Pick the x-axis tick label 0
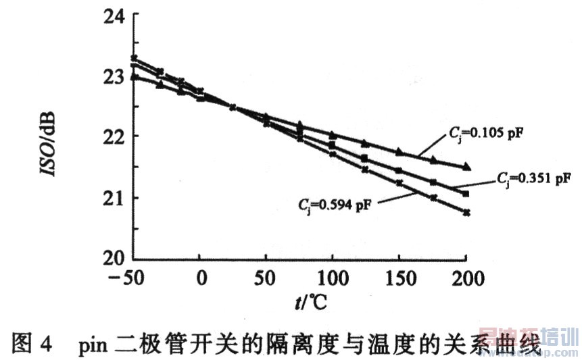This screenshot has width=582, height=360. [200, 278]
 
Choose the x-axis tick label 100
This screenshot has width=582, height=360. [332, 278]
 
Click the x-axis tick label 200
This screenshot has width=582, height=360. [465, 278]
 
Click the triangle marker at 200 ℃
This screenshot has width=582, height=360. [466, 167]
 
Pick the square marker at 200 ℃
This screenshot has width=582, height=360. [466, 194]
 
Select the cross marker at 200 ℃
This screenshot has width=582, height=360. [466, 213]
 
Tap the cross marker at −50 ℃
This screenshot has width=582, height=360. [134, 58]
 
